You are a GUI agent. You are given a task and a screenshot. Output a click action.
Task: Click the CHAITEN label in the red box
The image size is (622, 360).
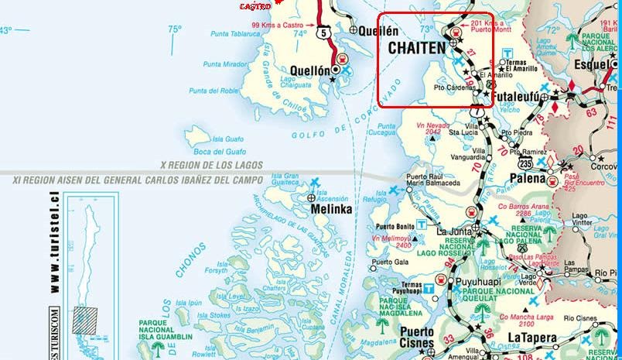click(415, 48)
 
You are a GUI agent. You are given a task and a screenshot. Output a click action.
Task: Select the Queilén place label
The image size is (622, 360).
click(379, 30)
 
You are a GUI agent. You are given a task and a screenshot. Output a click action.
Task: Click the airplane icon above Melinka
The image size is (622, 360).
click(316, 184)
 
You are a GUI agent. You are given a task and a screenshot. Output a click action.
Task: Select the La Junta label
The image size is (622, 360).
click(455, 231)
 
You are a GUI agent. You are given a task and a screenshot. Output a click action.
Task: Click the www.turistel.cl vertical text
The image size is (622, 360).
click(55, 245)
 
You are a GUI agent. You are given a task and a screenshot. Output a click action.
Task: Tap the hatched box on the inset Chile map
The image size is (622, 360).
click(84, 319)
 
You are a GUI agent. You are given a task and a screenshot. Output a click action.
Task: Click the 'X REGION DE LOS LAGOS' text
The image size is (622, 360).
click(210, 165)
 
